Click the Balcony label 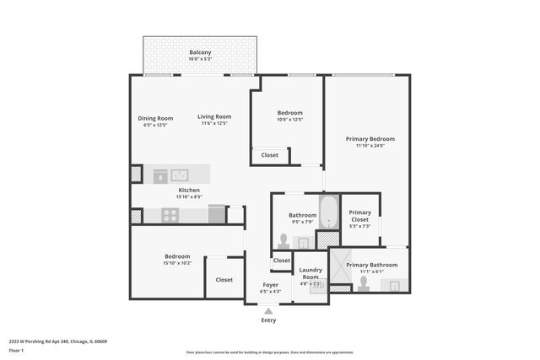coord(200,52)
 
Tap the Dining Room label coord(155,118)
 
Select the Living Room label coord(214,117)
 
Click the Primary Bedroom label coord(370,138)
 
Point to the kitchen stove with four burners coord(170,215)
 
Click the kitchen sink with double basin coord(180,175)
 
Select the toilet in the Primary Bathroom coord(364,283)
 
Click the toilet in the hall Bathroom coord(283,241)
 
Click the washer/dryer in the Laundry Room coord(316,287)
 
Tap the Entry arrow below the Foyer coord(268,310)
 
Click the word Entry coord(268,320)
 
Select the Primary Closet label coord(360,216)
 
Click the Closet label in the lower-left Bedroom coord(224,280)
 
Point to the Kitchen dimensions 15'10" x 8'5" coord(189,196)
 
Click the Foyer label coord(270,285)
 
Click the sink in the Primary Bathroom coord(393,285)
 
